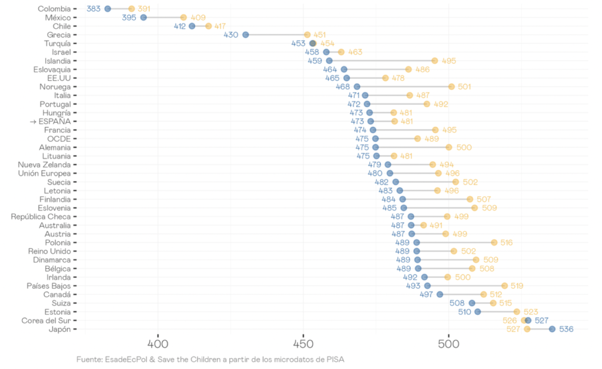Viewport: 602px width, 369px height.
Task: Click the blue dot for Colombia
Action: tap(108, 9)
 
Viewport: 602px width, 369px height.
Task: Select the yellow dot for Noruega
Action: tap(451, 87)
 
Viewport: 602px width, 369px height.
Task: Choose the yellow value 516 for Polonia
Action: tap(506, 243)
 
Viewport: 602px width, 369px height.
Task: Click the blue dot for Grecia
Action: tap(246, 35)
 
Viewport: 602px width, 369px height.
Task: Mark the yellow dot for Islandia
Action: tap(435, 61)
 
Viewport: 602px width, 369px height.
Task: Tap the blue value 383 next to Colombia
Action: tap(93, 9)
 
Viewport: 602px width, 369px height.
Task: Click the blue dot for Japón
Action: tap(552, 329)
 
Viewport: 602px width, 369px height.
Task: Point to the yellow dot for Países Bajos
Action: tap(504, 286)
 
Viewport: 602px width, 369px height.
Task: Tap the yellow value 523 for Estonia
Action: tap(531, 312)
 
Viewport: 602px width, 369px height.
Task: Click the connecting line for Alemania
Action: tap(412, 147)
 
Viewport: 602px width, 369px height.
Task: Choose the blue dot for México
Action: tap(143, 18)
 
